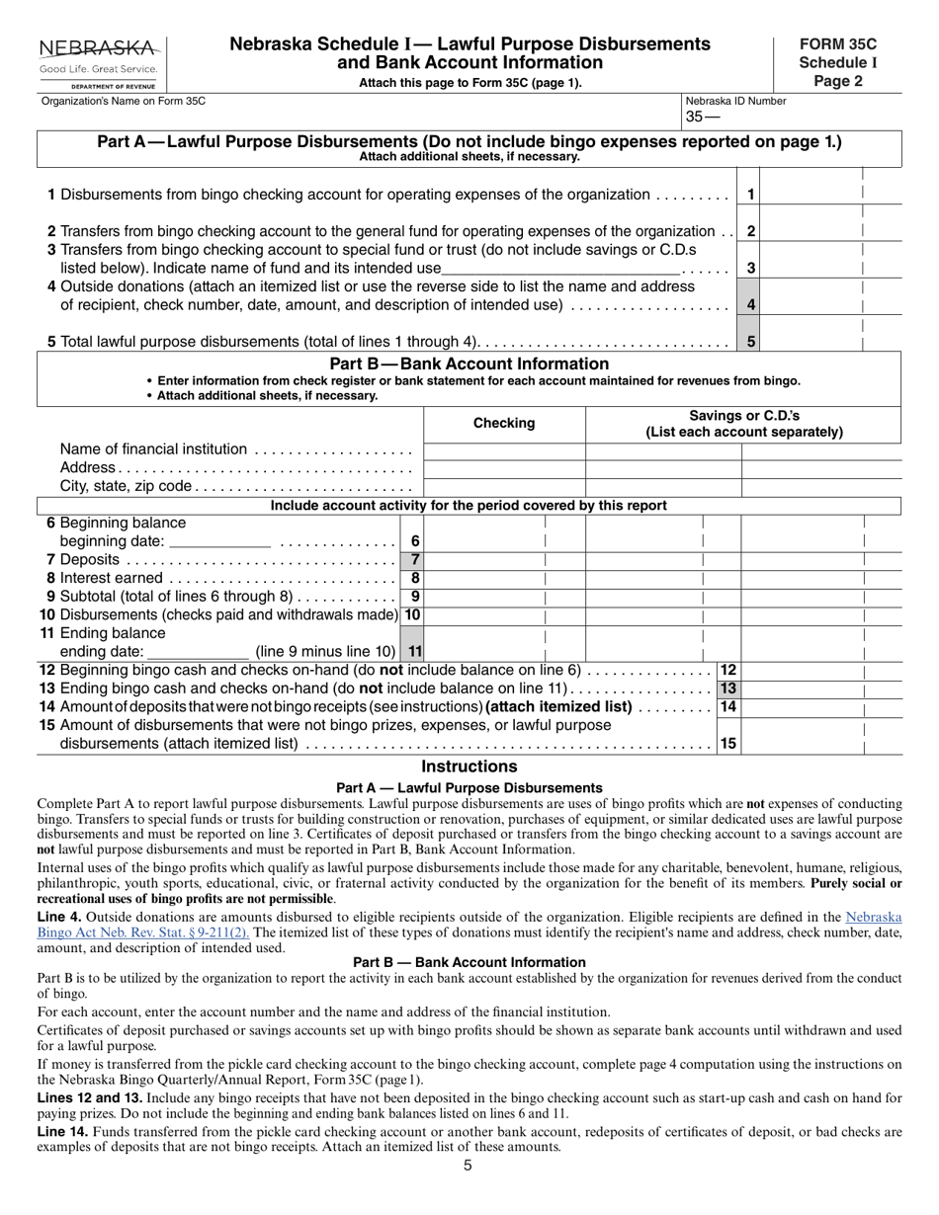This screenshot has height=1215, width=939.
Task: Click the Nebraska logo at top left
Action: [98, 62]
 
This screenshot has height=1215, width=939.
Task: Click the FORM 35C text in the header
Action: [837, 44]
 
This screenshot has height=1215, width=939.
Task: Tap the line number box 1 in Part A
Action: [751, 196]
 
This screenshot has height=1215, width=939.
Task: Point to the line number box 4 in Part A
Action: [751, 305]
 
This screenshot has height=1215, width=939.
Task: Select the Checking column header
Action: [504, 424]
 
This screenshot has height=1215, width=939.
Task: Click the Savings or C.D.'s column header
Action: [743, 424]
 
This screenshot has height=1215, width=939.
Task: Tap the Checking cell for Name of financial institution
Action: [504, 451]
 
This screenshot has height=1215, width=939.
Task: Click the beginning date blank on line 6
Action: [219, 541]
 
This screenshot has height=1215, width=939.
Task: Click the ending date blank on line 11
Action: [198, 652]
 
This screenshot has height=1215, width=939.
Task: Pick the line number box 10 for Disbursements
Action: [412, 615]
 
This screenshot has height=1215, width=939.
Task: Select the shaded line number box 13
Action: [728, 688]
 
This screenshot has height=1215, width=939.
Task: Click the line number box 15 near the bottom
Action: [728, 744]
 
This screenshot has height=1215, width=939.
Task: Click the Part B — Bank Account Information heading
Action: [469, 364]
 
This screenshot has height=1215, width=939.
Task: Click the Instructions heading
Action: [469, 767]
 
